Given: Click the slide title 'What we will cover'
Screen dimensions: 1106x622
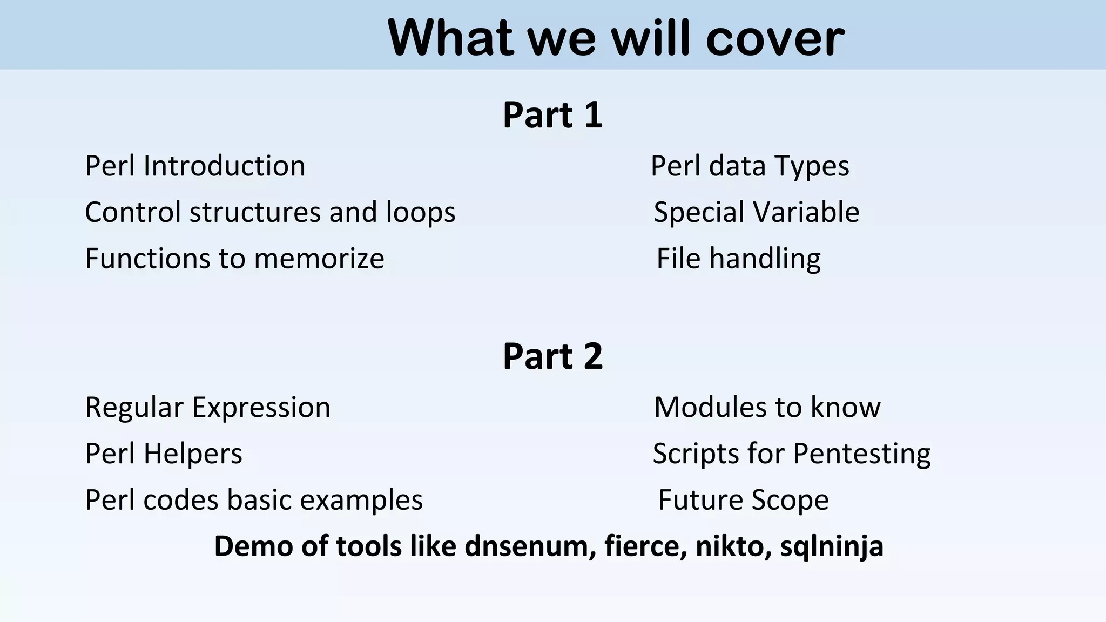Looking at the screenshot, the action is click(x=616, y=38).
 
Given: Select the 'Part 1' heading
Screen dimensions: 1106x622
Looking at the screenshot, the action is click(x=552, y=115).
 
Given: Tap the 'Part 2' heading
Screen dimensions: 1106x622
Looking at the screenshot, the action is click(x=552, y=356).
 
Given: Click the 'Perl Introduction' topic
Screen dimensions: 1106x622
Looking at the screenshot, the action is click(x=195, y=166).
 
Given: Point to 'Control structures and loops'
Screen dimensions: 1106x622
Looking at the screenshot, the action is click(x=270, y=212).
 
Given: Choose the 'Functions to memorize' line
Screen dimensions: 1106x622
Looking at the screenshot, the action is click(x=234, y=259).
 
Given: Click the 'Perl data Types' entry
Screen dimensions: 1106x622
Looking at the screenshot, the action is click(x=750, y=166).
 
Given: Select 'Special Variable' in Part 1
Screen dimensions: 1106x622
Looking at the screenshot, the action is click(x=756, y=212).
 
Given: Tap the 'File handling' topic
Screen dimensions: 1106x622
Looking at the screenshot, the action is click(x=738, y=259).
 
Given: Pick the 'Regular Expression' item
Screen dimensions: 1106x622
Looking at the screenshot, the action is click(x=207, y=407).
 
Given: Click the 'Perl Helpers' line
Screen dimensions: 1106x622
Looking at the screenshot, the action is click(x=164, y=454).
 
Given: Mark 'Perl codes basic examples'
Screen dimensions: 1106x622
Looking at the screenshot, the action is click(x=254, y=500).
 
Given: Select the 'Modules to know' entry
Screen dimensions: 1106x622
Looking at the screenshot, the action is click(x=767, y=407).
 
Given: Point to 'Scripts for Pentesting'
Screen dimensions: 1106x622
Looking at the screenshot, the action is click(x=791, y=454).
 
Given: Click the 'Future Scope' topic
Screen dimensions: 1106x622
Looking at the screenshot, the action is click(x=743, y=500).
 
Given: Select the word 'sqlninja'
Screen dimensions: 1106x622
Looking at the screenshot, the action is click(x=832, y=546).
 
